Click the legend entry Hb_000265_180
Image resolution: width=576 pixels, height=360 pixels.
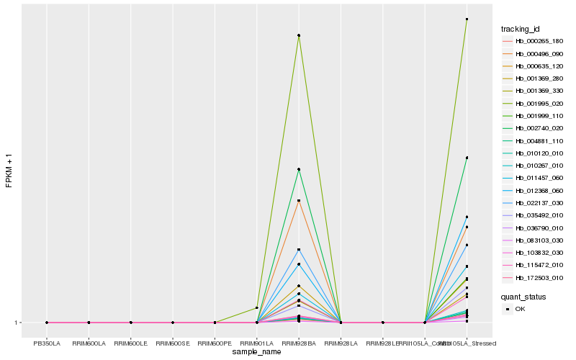(534, 41)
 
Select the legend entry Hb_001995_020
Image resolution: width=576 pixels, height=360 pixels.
(534, 103)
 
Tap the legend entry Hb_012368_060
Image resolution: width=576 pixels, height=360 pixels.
(534, 191)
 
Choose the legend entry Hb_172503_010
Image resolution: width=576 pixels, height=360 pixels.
(534, 278)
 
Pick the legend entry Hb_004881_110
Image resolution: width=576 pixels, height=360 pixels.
(534, 140)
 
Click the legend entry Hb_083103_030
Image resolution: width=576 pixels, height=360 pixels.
(534, 240)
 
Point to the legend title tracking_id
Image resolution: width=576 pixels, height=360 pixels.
(521, 29)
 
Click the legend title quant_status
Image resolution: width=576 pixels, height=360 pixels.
(523, 296)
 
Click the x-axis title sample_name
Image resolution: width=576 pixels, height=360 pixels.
(256, 352)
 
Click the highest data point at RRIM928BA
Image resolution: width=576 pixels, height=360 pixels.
(298, 35)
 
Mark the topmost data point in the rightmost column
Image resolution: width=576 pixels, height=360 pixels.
(467, 19)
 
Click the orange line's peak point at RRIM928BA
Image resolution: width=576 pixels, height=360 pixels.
(298, 200)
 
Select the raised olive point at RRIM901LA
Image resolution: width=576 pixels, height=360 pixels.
(256, 308)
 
